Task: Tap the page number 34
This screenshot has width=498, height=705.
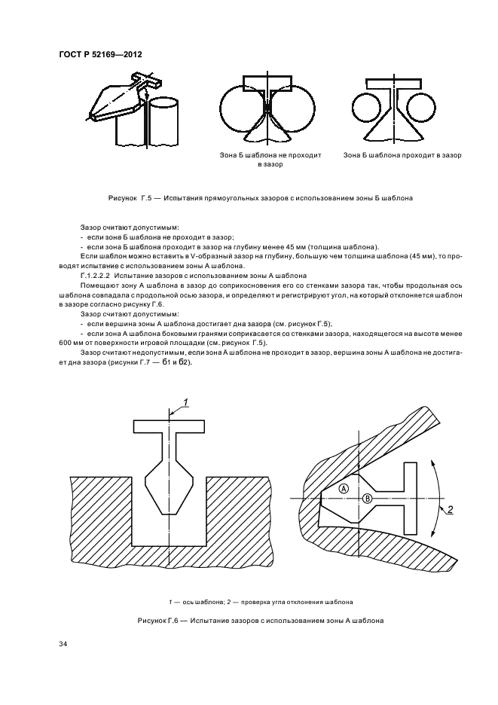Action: coord(63,643)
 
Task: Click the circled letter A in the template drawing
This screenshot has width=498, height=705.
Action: coord(344,488)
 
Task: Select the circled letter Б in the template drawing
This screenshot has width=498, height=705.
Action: coord(368,498)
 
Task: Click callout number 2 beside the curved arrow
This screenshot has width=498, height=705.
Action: coord(449,510)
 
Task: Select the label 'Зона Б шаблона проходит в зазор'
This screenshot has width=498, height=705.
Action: coord(402,155)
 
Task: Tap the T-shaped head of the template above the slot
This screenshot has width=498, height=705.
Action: coord(171,426)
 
